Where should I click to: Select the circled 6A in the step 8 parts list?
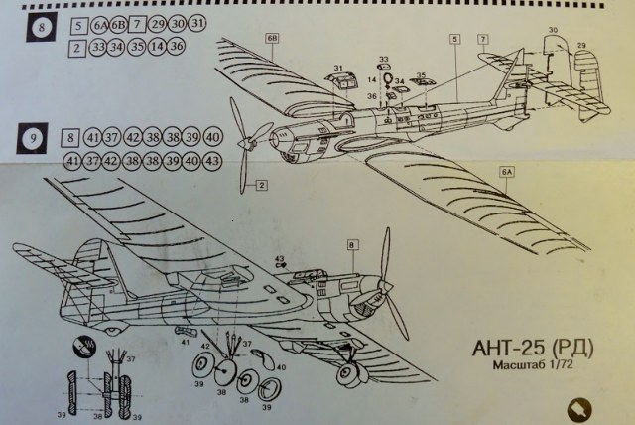click(x=99, y=25)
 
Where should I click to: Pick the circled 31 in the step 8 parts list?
click(x=199, y=25)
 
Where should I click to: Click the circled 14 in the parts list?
click(x=157, y=47)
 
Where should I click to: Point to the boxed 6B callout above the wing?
click(x=271, y=39)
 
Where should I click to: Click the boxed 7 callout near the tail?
click(x=482, y=39)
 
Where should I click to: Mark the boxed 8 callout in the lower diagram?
click(x=351, y=244)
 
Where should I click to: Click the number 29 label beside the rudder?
click(x=582, y=46)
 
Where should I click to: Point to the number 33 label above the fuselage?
click(x=383, y=60)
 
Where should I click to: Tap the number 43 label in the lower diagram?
click(x=281, y=260)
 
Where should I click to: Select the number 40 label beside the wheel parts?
click(x=281, y=366)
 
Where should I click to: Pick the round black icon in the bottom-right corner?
click(x=577, y=407)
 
